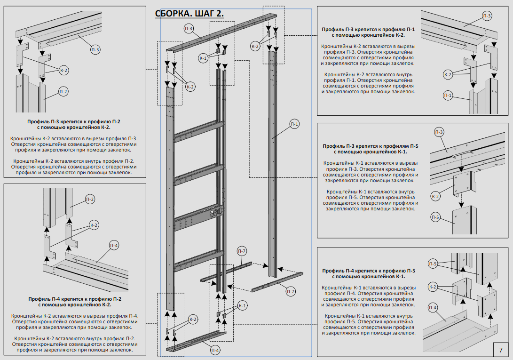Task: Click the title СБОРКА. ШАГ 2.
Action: tap(189, 14)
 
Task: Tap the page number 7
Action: tap(500, 350)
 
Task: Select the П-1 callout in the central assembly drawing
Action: tap(294, 124)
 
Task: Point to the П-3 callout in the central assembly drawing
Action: tap(189, 29)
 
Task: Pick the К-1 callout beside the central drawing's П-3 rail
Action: tap(203, 58)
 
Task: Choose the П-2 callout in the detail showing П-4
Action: tap(90, 200)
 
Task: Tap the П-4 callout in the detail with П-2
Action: tap(114, 245)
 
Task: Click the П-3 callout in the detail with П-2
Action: tap(95, 49)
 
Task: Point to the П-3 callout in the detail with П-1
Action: tap(487, 16)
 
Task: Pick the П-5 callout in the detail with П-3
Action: tap(435, 217)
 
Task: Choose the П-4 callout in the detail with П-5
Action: tap(433, 308)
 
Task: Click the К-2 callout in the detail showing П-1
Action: tap(448, 74)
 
